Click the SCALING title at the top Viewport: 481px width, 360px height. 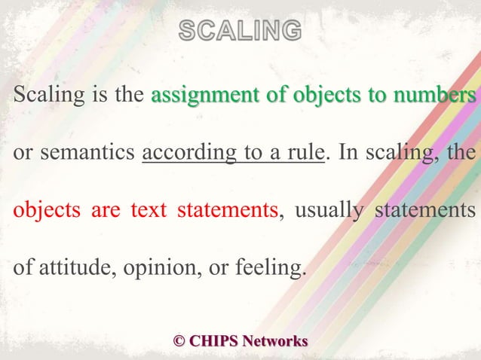pos(240,31)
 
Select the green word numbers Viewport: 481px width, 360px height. pos(432,96)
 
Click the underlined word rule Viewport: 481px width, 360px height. pos(307,153)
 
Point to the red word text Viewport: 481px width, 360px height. pos(148,209)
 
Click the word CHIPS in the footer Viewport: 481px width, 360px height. pos(214,340)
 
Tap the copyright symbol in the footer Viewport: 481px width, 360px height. pos(179,340)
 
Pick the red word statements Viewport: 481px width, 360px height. pos(227,209)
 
